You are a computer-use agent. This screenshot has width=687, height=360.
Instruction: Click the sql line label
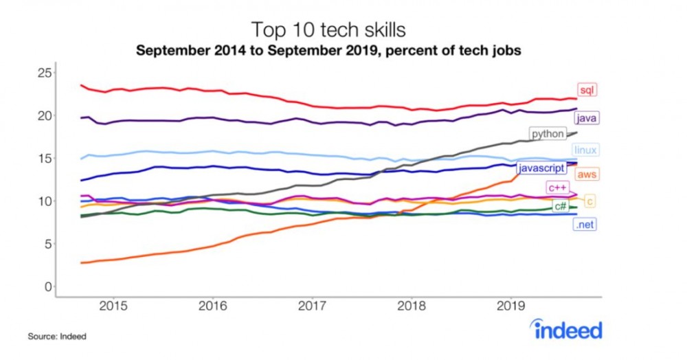pyautogui.click(x=587, y=91)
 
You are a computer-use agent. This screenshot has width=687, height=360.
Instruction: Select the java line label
pyautogui.click(x=586, y=118)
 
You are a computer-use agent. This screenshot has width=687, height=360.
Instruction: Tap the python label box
pyautogui.click(x=547, y=133)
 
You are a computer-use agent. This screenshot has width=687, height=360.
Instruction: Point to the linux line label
pyautogui.click(x=585, y=150)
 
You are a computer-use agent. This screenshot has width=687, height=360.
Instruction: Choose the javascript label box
pyautogui.click(x=541, y=168)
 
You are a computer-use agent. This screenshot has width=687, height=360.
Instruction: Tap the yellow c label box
pyautogui.click(x=590, y=201)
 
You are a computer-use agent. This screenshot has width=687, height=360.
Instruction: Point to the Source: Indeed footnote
pyautogui.click(x=57, y=337)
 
